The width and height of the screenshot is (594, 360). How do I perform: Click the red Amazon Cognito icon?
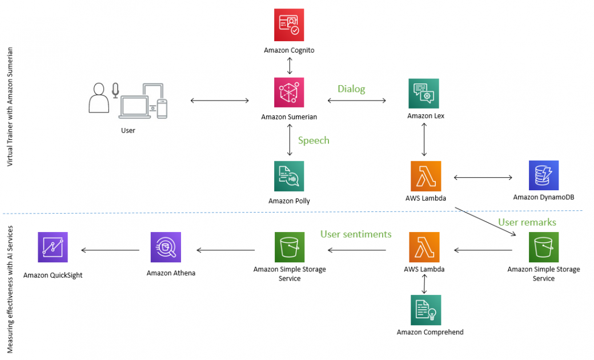point(289,25)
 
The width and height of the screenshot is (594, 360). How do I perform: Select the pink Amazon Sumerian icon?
point(289,93)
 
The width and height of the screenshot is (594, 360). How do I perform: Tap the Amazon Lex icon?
point(424,93)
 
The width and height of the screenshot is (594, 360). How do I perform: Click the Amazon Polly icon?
point(289,176)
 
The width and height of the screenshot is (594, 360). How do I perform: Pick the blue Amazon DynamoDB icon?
point(543,175)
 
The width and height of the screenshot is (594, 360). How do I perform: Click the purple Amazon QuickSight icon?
point(53,247)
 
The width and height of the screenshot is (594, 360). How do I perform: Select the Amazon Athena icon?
point(166,247)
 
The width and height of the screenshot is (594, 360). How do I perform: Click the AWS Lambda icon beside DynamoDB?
point(426,176)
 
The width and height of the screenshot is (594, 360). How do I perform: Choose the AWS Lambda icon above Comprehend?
point(424,247)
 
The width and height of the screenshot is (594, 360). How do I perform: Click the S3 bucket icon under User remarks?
point(543,247)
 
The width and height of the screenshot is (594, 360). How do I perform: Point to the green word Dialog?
point(351,89)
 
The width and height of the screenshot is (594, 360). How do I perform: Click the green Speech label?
point(314,141)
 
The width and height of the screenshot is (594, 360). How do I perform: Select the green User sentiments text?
point(356,234)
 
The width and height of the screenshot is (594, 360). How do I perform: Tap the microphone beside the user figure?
point(115,90)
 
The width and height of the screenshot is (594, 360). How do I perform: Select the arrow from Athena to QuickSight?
point(111,250)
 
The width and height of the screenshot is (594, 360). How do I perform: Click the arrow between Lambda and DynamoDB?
point(483,177)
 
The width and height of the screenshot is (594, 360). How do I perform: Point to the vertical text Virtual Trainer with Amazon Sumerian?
point(10,107)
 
